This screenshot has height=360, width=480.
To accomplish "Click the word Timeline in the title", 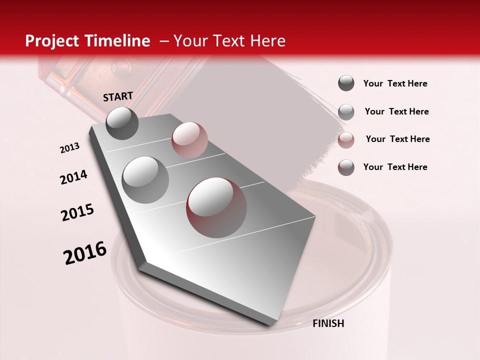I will (118, 41).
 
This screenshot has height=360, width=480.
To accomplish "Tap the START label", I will (118, 96).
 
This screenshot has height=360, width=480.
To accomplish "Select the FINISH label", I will (328, 323).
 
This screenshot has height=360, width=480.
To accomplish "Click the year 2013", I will (70, 148).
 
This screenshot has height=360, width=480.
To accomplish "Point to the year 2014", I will (73, 177).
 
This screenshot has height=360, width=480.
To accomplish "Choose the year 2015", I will (77, 212).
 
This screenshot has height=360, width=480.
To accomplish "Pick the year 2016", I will (85, 252).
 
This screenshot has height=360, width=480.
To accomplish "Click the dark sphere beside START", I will (122, 123).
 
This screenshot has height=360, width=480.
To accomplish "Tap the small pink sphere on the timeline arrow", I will (189, 139).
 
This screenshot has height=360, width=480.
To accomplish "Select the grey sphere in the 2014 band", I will (145, 179).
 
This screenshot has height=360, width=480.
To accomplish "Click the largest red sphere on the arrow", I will (216, 207).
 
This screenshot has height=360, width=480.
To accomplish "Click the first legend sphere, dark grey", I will (346, 83).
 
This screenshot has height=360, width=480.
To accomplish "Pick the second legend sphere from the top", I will (346, 111).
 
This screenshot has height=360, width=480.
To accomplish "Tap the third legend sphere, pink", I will (346, 139).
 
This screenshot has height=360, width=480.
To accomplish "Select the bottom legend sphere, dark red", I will (346, 167).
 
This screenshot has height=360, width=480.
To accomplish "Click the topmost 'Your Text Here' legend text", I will (395, 83).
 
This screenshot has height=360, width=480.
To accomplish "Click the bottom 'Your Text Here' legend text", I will (395, 167).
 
